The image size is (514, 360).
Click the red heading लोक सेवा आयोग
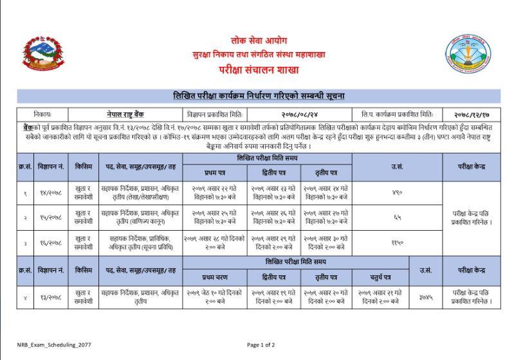pos(256,40)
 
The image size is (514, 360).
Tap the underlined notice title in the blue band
pos(258,96)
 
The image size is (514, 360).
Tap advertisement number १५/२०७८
pos(51,217)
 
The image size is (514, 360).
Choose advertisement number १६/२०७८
pos(51,242)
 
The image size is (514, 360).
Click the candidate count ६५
pos(397,217)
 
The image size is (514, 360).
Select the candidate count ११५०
pos(397,242)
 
